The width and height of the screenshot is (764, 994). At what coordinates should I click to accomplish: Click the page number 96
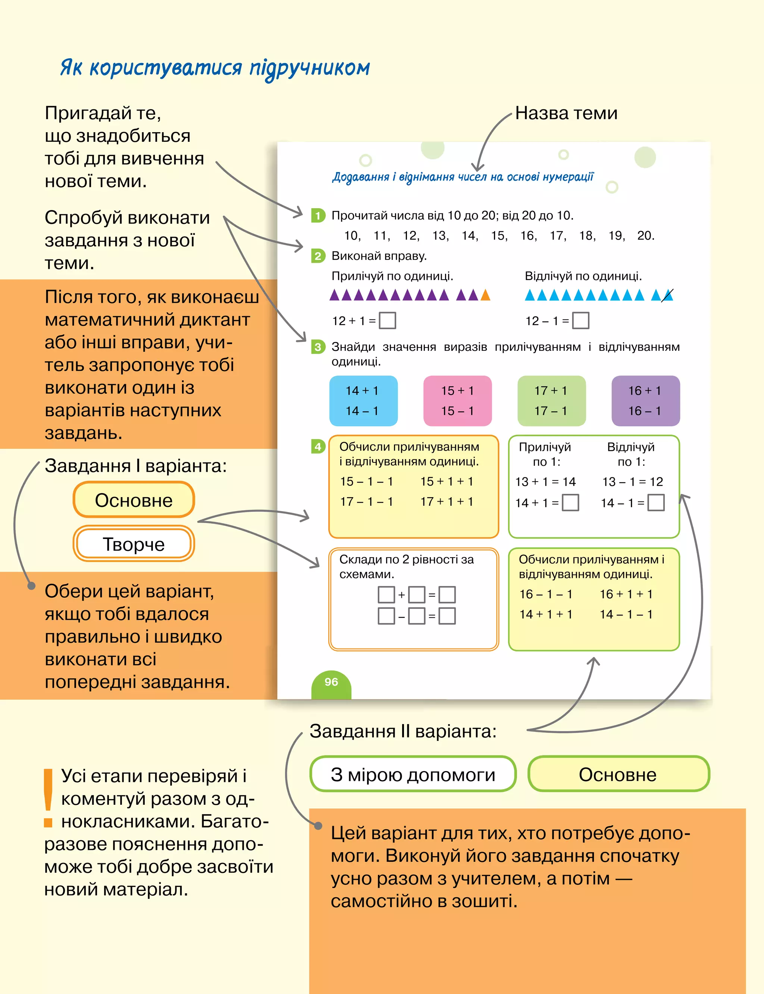331,682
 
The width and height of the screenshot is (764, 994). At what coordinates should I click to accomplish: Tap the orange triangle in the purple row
485,295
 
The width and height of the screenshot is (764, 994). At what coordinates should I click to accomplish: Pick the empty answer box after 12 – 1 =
580,320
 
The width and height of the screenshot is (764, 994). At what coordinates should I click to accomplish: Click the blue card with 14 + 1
363,401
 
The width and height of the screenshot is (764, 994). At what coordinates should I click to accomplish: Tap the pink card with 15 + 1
457,401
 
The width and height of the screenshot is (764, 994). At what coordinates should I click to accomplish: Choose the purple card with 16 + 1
645,401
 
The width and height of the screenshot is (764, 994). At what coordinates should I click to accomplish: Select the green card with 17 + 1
551,401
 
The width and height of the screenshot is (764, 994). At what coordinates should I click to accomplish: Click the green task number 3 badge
317,347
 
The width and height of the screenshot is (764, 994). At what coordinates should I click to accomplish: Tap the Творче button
134,543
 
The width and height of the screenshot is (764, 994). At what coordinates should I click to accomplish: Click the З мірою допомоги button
413,774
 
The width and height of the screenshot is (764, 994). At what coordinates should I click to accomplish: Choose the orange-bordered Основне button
134,500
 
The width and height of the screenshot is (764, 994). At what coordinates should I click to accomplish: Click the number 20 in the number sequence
645,236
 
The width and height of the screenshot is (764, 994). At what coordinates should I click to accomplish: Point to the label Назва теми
566,113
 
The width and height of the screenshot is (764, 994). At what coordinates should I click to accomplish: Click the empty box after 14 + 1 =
570,503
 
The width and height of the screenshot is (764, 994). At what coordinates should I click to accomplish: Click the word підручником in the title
310,68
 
